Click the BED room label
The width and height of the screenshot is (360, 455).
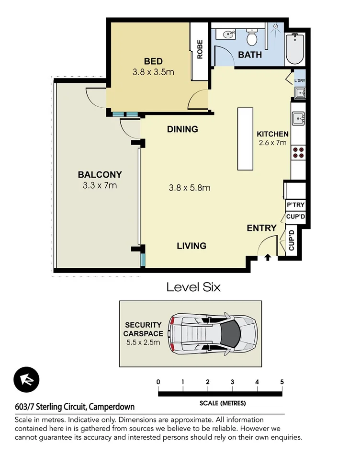(153, 61)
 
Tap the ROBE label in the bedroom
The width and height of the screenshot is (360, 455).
(200, 49)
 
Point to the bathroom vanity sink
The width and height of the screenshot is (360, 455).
(227, 34)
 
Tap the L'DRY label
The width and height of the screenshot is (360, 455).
(300, 80)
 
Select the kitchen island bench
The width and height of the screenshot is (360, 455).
(245, 139)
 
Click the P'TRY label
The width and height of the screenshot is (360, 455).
(295, 205)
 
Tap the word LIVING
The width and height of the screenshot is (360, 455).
(191, 246)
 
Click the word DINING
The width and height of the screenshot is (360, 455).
(182, 129)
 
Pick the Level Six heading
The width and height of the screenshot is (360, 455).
(193, 287)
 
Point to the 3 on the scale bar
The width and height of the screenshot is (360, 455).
(232, 382)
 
